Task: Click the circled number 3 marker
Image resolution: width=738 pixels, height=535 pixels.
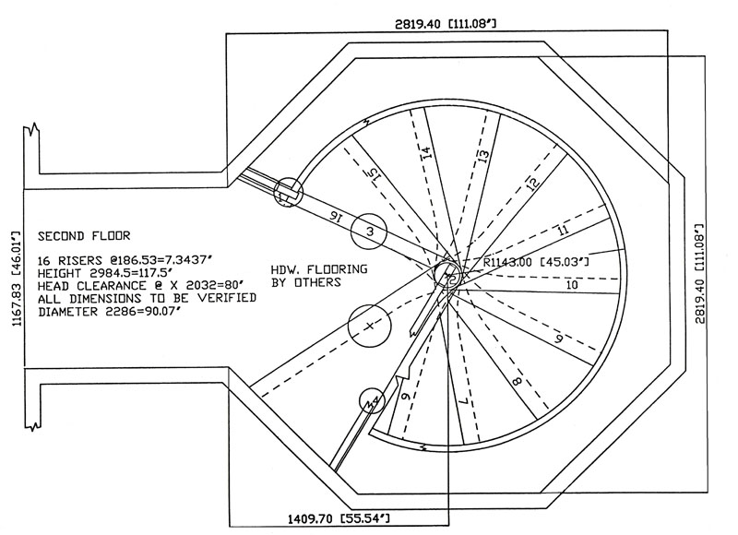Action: coord(368,231)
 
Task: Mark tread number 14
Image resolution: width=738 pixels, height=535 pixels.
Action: coord(425,151)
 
